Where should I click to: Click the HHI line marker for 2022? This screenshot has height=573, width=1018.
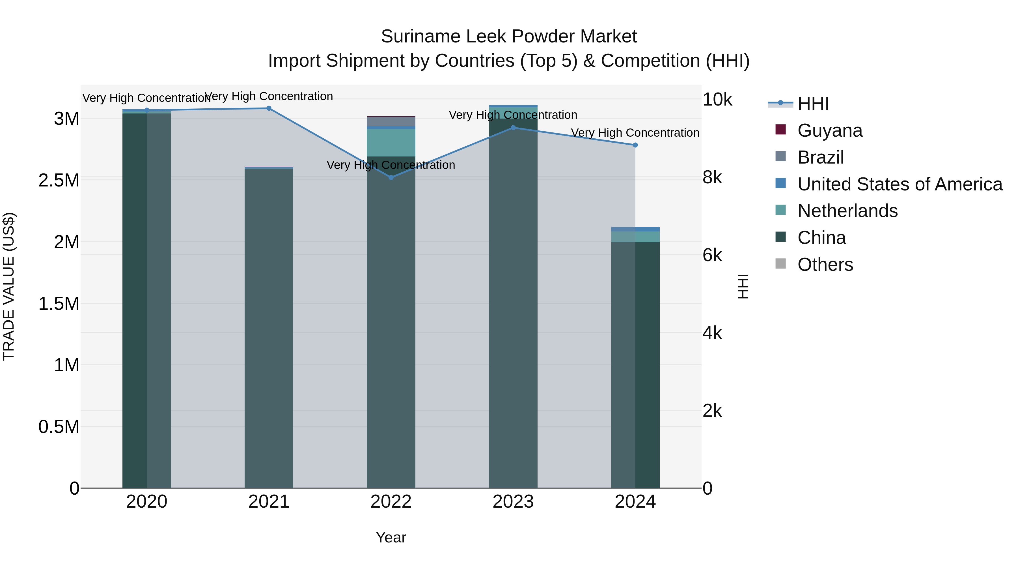coord(391,177)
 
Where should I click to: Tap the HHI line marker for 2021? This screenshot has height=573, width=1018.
coord(269,108)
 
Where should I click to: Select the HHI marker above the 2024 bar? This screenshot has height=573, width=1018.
coord(635,145)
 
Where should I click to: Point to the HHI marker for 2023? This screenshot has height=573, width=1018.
coord(513,128)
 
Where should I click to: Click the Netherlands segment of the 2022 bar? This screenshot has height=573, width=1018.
coord(391,142)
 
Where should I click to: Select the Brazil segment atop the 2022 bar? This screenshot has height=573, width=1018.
coord(391,121)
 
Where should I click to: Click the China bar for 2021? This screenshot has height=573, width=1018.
coord(269,328)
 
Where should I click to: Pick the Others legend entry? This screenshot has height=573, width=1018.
coord(825,265)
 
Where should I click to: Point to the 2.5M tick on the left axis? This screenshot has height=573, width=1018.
coord(59,180)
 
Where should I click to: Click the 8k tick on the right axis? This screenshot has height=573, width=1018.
coord(712,177)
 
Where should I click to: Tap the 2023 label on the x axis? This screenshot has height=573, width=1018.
coord(513,502)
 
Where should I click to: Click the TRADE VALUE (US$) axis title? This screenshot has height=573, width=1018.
coord(9,286)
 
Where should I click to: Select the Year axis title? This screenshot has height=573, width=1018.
coord(391,537)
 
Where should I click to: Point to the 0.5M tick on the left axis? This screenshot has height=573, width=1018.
coord(59,427)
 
